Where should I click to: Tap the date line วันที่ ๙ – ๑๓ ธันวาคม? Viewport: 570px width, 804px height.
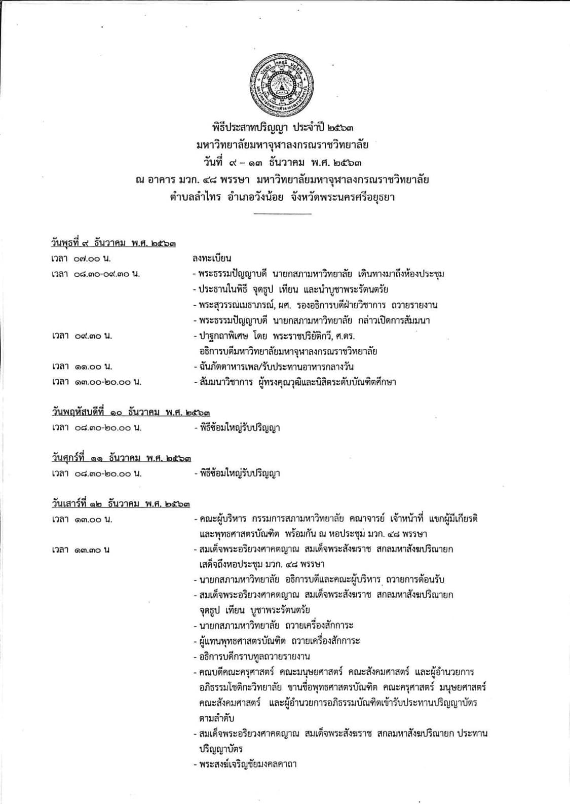(x=282, y=163)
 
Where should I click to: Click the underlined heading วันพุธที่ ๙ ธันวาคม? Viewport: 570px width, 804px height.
(x=113, y=243)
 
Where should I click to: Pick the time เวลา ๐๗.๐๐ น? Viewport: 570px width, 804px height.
(x=81, y=259)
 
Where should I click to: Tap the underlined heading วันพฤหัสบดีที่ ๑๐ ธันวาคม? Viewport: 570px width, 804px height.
(x=131, y=413)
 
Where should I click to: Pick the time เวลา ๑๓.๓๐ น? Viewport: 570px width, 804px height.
(x=81, y=550)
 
